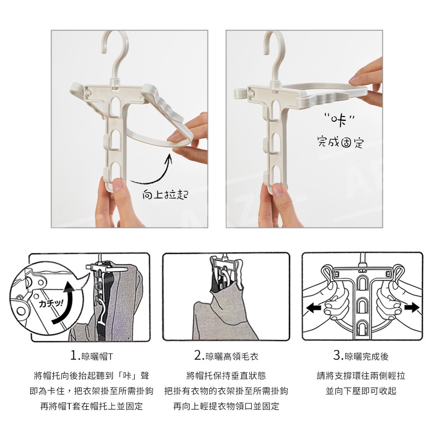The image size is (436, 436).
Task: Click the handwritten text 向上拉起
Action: (x=165, y=194)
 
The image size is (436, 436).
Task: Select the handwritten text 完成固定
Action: (x=341, y=142)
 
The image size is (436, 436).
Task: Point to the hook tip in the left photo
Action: (x=103, y=52)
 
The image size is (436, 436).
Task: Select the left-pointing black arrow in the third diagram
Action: (x=313, y=308)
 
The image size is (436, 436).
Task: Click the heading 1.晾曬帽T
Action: (x=92, y=356)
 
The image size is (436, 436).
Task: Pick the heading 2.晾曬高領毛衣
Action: (x=226, y=356)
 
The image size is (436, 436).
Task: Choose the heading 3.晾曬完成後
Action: (x=361, y=356)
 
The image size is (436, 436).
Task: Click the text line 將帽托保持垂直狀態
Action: (x=226, y=376)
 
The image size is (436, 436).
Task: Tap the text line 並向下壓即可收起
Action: (x=361, y=391)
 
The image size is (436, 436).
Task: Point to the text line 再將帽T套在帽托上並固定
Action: (x=92, y=406)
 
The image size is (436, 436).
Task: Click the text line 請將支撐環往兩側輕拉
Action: (x=361, y=376)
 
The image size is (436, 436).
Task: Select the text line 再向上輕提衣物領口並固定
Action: (x=226, y=406)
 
